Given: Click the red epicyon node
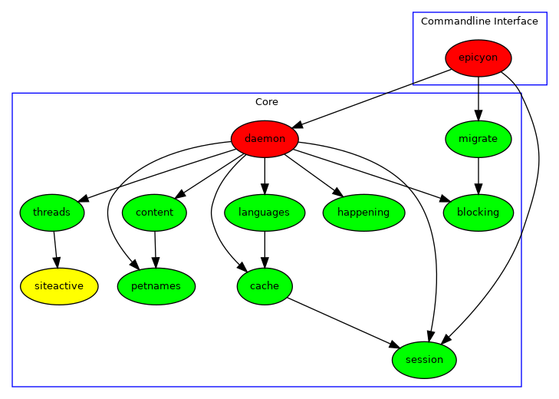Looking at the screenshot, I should (x=478, y=58).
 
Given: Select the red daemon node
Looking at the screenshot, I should (x=265, y=139).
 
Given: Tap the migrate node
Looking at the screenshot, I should (x=478, y=139).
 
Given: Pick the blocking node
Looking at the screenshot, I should (x=478, y=213).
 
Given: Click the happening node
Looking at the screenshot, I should (x=363, y=213).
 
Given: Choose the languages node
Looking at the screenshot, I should (x=264, y=213).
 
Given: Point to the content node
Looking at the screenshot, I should (x=154, y=213).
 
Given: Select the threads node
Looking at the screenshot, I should (x=52, y=213).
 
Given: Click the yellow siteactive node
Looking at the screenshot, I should (x=59, y=286).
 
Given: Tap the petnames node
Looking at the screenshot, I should (x=156, y=286).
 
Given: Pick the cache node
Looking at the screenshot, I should (x=264, y=286).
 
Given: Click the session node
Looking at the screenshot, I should (x=424, y=360).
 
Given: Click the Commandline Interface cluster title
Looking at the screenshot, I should (x=479, y=21).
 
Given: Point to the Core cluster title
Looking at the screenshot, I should (x=266, y=102).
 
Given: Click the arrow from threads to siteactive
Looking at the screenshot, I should (x=55, y=249).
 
